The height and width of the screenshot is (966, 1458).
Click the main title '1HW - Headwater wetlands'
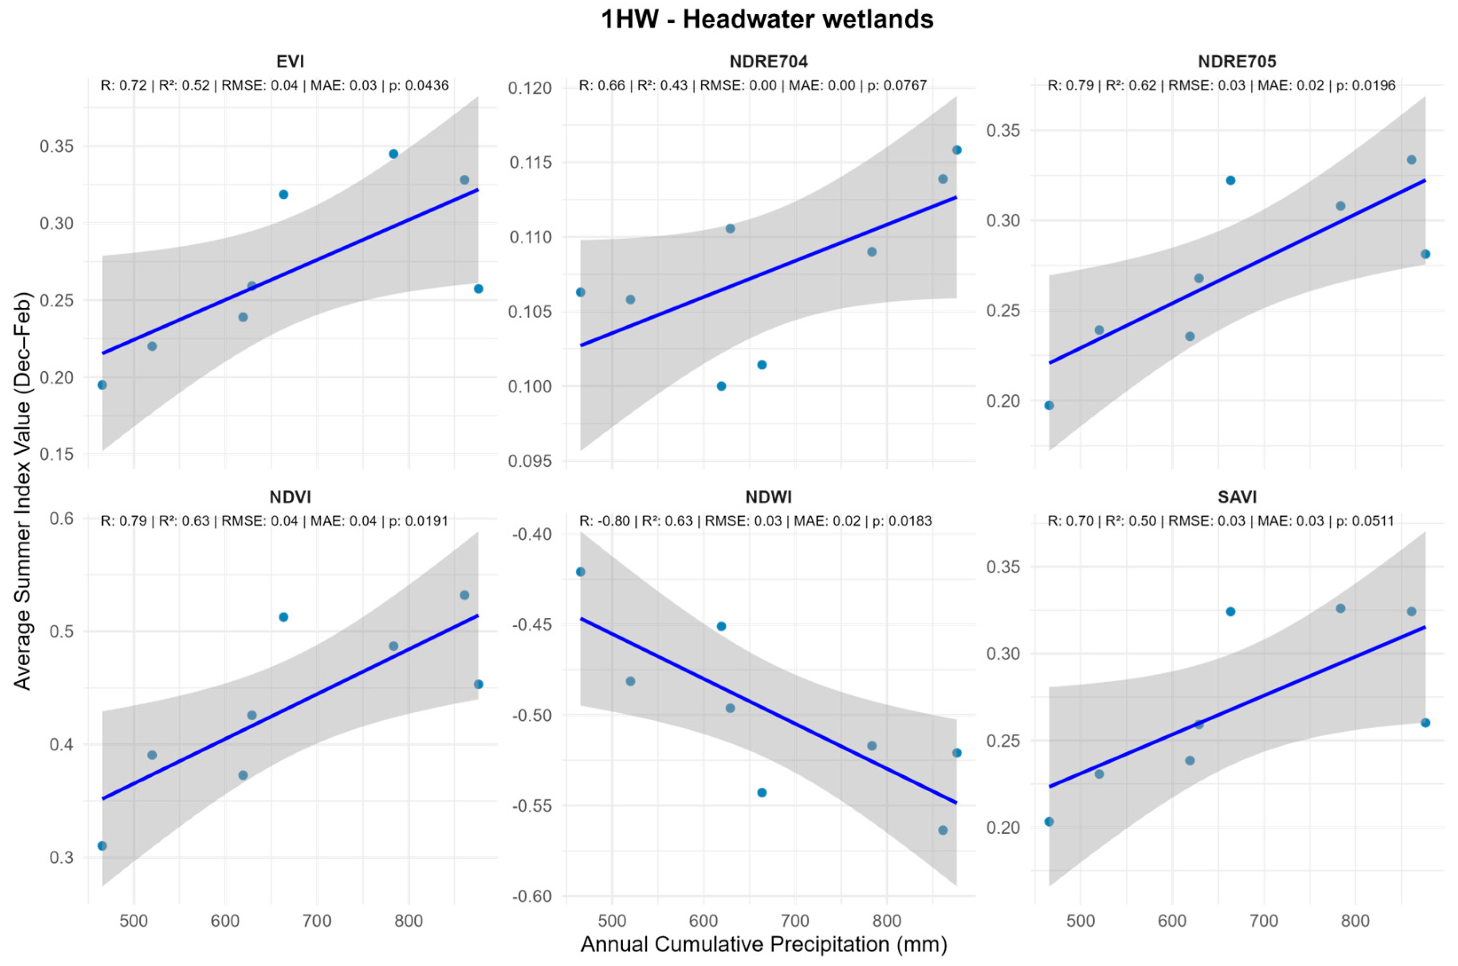(x=767, y=20)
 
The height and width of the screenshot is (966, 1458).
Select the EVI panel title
(x=290, y=62)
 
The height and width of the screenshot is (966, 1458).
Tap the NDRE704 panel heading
(x=768, y=62)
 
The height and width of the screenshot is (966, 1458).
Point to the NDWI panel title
(x=768, y=497)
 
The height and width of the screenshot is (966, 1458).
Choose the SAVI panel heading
(x=1237, y=497)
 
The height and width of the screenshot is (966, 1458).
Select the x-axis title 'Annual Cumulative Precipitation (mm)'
(x=764, y=944)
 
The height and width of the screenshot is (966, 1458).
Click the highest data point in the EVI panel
(x=393, y=154)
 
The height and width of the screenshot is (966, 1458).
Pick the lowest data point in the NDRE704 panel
(x=721, y=386)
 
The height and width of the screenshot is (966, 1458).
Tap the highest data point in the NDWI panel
(x=580, y=572)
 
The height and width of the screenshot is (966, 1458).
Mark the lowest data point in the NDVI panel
(x=102, y=846)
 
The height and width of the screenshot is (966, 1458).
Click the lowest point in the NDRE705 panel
(x=1049, y=405)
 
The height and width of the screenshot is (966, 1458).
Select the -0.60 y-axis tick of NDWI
(x=531, y=896)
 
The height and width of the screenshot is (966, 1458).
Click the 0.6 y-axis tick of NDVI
(x=62, y=519)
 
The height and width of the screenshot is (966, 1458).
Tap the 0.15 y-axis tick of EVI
(x=57, y=455)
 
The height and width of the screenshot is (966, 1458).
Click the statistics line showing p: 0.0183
(x=756, y=521)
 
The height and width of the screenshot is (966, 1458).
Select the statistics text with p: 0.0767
(x=753, y=86)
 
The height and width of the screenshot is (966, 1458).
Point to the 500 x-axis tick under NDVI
(x=134, y=921)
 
